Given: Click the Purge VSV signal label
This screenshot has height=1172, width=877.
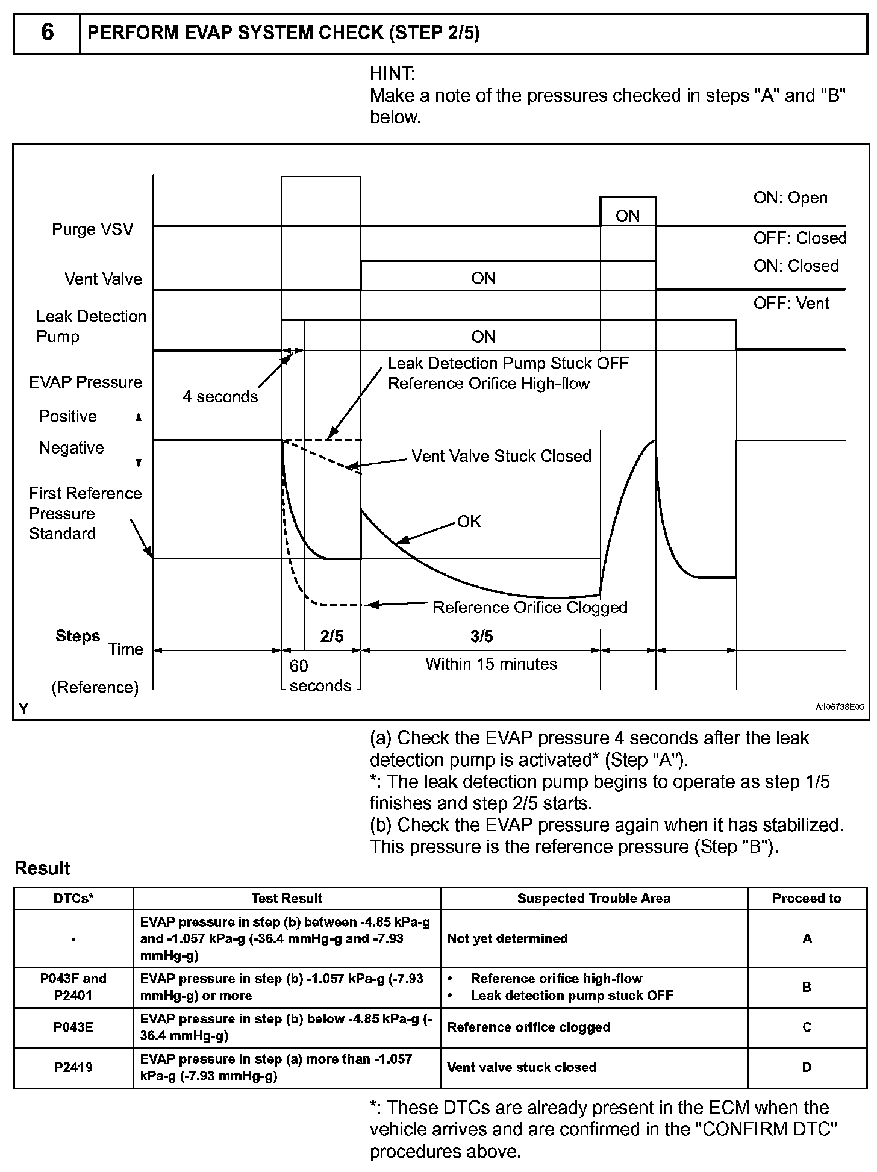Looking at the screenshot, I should pyautogui.click(x=92, y=229).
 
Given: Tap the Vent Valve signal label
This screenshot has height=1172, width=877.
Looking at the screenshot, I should pyautogui.click(x=103, y=279).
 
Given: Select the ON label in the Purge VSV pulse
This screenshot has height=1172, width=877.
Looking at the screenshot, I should pyautogui.click(x=628, y=216).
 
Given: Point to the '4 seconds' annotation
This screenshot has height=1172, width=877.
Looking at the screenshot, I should pyautogui.click(x=220, y=397).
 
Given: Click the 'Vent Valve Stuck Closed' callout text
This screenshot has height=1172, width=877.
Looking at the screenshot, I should pyautogui.click(x=501, y=457).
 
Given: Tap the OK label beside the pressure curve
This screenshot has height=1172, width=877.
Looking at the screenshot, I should pyautogui.click(x=469, y=522).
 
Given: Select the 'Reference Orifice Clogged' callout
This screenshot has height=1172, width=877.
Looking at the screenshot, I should pyautogui.click(x=530, y=608).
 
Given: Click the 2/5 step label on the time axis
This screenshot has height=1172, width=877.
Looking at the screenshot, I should pyautogui.click(x=332, y=637).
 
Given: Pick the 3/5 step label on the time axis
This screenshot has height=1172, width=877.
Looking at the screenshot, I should pyautogui.click(x=481, y=637).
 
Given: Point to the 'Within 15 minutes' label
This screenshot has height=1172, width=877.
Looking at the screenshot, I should pyautogui.click(x=491, y=664).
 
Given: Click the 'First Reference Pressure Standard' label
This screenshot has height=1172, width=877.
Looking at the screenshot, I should pyautogui.click(x=85, y=514).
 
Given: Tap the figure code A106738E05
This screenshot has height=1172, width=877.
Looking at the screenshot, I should pyautogui.click(x=840, y=707).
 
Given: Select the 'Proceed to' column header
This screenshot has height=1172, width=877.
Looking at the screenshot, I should pyautogui.click(x=807, y=899).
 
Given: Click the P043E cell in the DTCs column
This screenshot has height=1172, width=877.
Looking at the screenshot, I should pyautogui.click(x=73, y=1027).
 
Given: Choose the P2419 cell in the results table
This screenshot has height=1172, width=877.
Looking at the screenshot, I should pyautogui.click(x=73, y=1068).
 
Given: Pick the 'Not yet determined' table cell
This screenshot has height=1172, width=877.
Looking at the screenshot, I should pyautogui.click(x=507, y=938).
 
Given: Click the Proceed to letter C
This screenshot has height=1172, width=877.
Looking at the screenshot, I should pyautogui.click(x=807, y=1027).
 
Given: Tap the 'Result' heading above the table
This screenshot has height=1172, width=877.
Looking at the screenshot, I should pyautogui.click(x=42, y=868).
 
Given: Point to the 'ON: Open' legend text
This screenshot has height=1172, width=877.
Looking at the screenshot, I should pyautogui.click(x=790, y=198).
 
